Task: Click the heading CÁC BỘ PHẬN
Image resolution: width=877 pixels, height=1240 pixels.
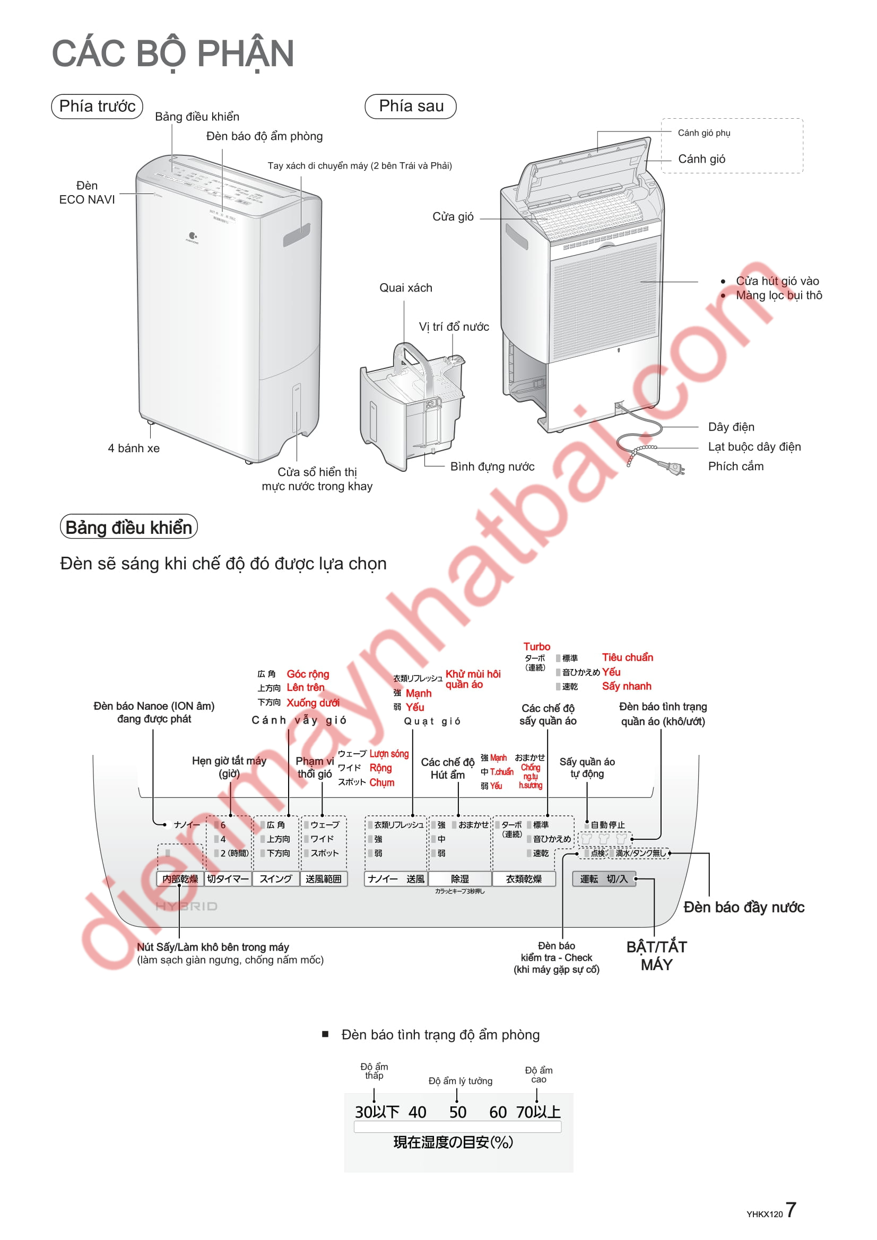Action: click(x=172, y=54)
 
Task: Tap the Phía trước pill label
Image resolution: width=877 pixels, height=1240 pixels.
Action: click(x=97, y=107)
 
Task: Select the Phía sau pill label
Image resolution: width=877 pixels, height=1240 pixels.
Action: click(x=411, y=107)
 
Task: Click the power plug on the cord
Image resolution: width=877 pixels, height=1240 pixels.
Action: click(x=673, y=467)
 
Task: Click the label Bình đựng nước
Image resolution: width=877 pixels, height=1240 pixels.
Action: click(x=492, y=467)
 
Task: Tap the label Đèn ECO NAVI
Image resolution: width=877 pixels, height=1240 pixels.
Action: click(x=87, y=193)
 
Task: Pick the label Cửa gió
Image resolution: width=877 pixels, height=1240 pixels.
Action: click(x=453, y=217)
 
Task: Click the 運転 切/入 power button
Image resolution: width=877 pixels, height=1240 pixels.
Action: click(x=604, y=879)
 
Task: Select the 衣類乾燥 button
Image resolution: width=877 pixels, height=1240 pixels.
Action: click(x=523, y=879)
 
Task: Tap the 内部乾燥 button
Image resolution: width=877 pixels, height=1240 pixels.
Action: click(x=180, y=879)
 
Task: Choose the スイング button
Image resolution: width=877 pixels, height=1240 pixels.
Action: click(x=275, y=879)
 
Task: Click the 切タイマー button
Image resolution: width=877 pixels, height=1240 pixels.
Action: click(x=228, y=879)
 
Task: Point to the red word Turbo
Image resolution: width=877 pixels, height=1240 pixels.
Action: click(x=536, y=647)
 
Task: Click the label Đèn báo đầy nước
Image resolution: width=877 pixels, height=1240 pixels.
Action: click(x=743, y=908)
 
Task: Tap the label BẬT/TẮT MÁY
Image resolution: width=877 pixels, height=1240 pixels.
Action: click(x=656, y=955)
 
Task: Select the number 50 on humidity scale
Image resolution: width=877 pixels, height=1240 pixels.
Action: click(x=458, y=1113)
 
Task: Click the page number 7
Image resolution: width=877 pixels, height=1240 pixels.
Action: click(x=790, y=1210)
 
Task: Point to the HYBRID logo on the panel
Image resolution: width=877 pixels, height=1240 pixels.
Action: click(x=186, y=906)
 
